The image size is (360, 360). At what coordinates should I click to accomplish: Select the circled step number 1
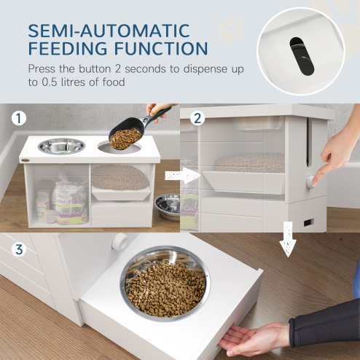click(18, 117)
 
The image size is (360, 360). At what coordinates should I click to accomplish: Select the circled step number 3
click(18, 249)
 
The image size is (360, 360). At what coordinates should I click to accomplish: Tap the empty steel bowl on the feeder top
click(61, 146)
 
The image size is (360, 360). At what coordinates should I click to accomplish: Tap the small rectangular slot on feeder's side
click(308, 222)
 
